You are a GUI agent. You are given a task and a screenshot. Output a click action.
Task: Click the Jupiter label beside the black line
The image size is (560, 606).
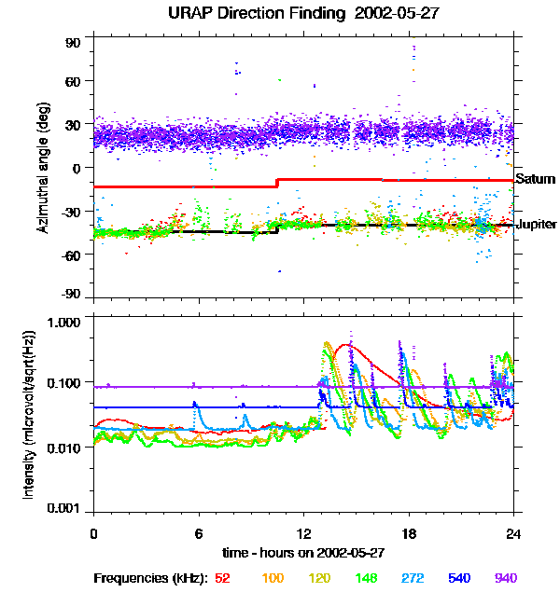(536, 225)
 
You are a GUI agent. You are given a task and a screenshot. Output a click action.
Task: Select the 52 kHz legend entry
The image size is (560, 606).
(222, 578)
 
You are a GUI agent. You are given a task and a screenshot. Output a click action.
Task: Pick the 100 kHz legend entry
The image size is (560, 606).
(273, 578)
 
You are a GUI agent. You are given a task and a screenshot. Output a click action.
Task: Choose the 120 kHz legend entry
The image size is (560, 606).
(319, 578)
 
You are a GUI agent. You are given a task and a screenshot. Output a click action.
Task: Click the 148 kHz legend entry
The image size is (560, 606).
(366, 578)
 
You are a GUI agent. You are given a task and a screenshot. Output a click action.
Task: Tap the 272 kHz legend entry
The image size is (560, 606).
(413, 578)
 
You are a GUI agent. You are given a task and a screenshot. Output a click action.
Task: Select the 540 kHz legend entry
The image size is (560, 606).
(459, 578)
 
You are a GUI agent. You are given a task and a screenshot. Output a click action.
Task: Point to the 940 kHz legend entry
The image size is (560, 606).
(506, 578)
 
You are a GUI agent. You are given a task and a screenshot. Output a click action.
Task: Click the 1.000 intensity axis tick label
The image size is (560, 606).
(67, 321)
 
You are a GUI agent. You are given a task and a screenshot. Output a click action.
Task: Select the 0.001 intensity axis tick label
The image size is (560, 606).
(67, 509)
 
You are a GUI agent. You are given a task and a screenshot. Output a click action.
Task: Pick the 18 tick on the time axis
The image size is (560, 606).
(408, 533)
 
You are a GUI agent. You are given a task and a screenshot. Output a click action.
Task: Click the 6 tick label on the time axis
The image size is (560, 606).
(199, 533)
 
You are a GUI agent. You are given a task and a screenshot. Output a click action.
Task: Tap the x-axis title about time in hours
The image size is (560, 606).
(303, 554)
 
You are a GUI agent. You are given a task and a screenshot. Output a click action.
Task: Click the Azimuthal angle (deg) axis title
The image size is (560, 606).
(43, 168)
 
